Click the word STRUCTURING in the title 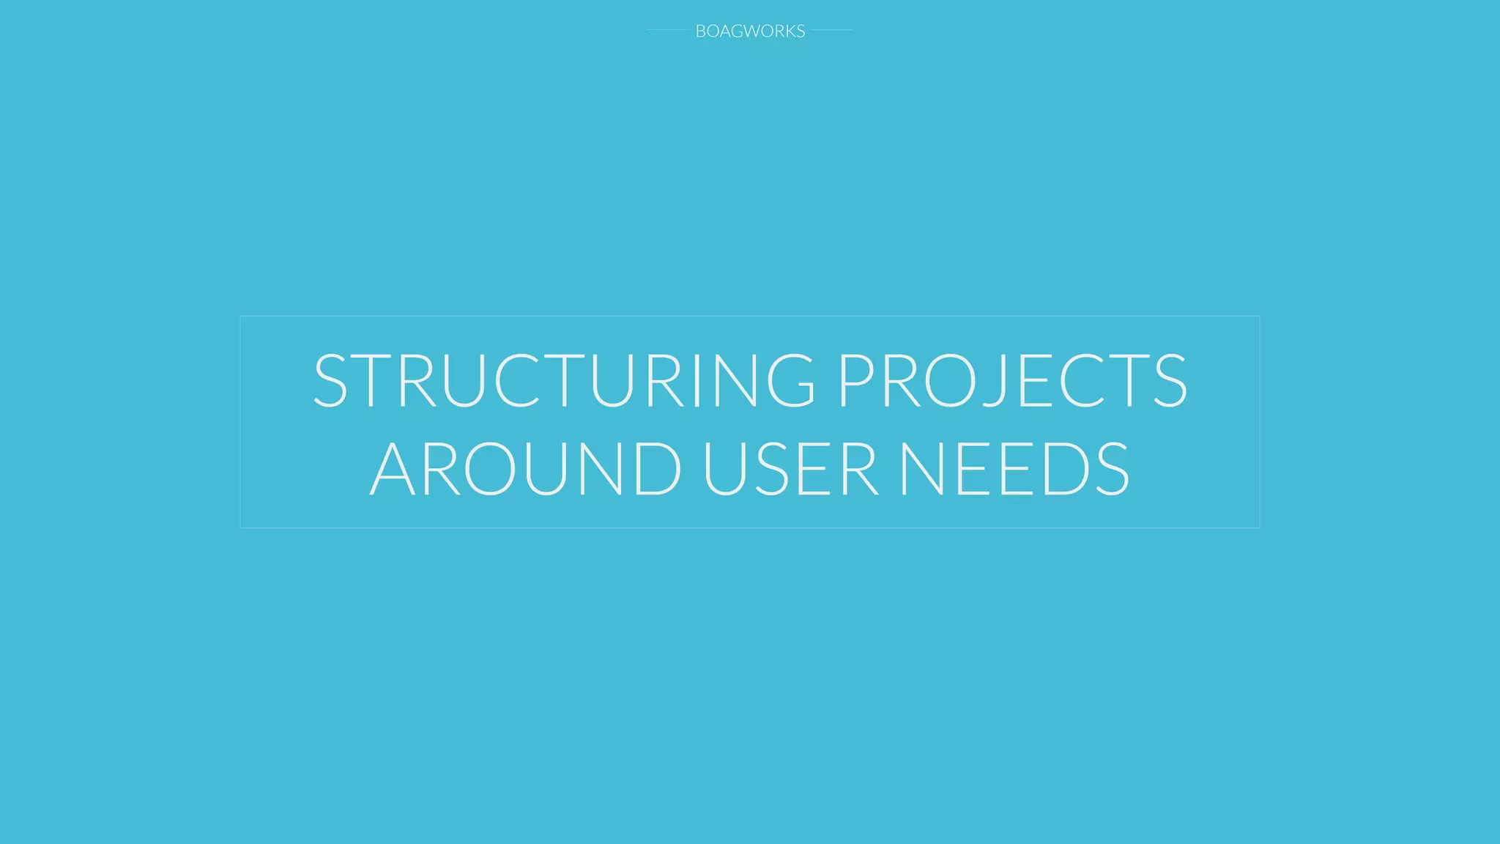tap(564, 380)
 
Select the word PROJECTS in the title tap(1012, 380)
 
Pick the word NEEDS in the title tap(1014, 468)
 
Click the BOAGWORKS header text tap(750, 31)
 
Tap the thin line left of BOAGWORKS tap(667, 30)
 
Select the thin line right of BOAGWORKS tap(832, 30)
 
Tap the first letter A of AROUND tap(395, 468)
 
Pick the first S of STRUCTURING tap(331, 380)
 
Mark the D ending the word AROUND tap(656, 468)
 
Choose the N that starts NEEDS tap(924, 468)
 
